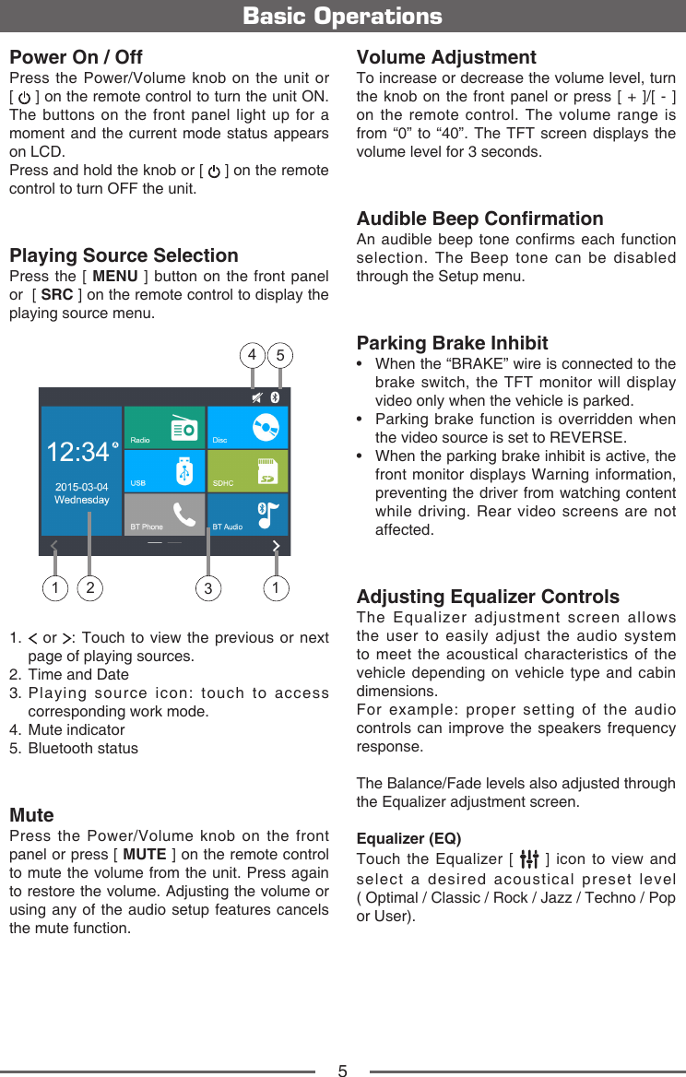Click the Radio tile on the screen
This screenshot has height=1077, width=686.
164,427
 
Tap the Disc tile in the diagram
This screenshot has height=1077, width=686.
247,427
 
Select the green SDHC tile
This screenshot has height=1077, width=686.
247,470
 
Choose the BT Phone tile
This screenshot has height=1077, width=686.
164,514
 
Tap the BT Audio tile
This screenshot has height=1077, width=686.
247,514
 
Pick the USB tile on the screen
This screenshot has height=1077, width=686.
164,470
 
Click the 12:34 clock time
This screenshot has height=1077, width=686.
78,452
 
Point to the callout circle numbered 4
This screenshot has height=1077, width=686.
252,355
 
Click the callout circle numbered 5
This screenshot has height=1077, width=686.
281,356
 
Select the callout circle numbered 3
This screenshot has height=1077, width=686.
209,587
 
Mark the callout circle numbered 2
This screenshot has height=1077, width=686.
89,587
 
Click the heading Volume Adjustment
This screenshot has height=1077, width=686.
446,58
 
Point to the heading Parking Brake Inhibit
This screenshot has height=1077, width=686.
452,344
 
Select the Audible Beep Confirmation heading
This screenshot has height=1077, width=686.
479,219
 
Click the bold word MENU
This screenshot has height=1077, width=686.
115,277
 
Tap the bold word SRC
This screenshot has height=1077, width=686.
57,295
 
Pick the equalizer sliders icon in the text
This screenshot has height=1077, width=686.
529,859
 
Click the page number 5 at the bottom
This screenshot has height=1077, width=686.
342,1071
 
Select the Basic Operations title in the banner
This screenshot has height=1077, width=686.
342,17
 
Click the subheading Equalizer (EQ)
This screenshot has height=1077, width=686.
408,839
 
